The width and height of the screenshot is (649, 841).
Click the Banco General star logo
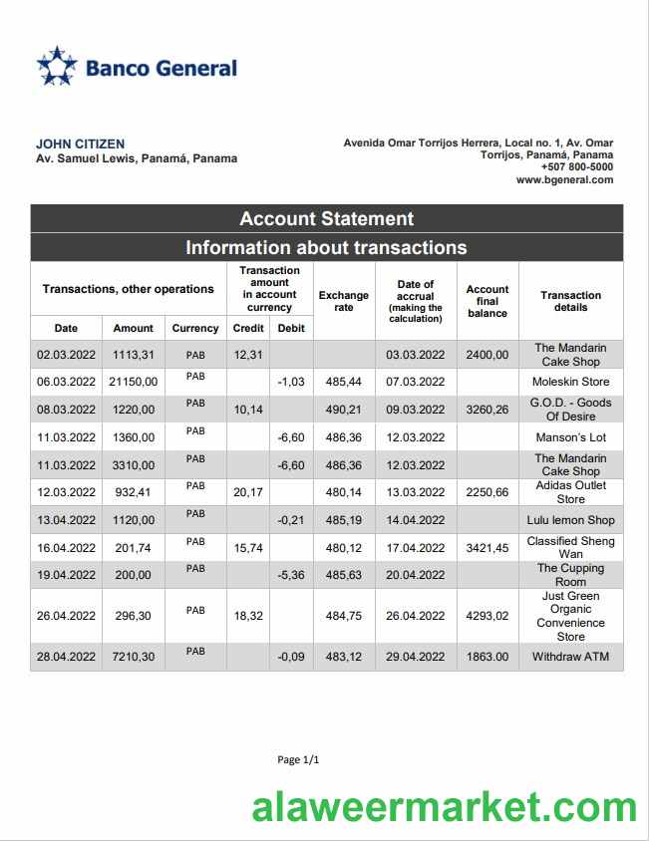pos(57,66)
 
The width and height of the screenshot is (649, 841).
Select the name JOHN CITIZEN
pos(81,144)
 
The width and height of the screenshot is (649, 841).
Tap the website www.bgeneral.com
pos(564,180)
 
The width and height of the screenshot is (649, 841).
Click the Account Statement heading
pos(326,219)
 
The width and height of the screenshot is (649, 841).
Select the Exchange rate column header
pos(343,301)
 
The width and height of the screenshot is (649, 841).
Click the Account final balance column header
pos(487,301)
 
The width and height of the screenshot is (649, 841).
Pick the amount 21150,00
pos(133,382)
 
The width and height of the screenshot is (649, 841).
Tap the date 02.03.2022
pos(66,355)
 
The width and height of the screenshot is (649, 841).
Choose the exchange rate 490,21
pos(343,410)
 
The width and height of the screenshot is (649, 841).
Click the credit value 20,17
pos(248,492)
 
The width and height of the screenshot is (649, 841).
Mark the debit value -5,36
pos(290,575)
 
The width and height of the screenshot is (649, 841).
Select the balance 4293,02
pos(487,616)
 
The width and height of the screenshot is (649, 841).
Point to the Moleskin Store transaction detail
pos(570,382)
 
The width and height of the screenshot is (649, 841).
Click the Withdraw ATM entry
pos(570,657)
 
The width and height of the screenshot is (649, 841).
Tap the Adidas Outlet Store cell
pos(570,492)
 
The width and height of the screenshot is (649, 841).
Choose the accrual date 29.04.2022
pos(415,657)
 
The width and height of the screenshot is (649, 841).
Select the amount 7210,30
pos(133,657)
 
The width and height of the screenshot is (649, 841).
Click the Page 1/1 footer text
pos(298,760)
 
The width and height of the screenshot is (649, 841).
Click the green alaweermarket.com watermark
pos(445,807)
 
